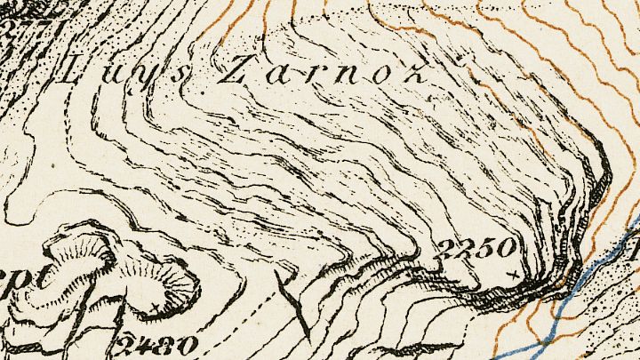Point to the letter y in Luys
click(145, 76)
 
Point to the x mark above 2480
click(156, 308)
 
